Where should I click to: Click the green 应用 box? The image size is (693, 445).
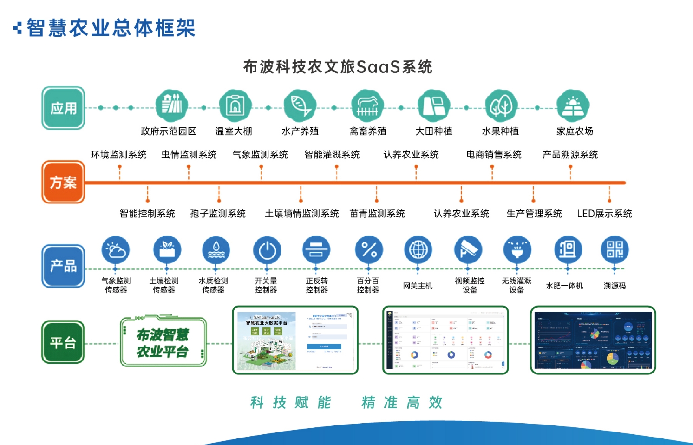point(63,108)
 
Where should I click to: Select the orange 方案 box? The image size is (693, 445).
point(63,182)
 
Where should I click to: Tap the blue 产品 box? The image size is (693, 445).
point(63,266)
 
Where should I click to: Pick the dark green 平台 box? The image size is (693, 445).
point(63,342)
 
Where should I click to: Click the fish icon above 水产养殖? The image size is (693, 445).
point(300,105)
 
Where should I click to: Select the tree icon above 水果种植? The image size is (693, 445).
point(501,105)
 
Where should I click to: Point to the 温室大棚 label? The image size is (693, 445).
point(234,131)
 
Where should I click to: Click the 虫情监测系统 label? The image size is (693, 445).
point(189,155)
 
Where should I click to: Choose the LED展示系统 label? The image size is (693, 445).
point(604,214)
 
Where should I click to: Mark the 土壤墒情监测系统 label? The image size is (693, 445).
point(302,214)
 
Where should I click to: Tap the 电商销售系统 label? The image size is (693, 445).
point(494,155)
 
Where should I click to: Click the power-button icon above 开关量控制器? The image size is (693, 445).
point(267,250)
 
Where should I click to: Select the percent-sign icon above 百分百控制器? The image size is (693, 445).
point(369,250)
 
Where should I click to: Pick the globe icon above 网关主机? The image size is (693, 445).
point(418,250)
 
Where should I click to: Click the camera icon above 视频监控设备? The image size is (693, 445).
point(468,250)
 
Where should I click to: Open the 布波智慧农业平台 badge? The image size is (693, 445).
point(163,342)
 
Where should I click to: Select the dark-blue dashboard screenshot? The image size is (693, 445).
point(593,340)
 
